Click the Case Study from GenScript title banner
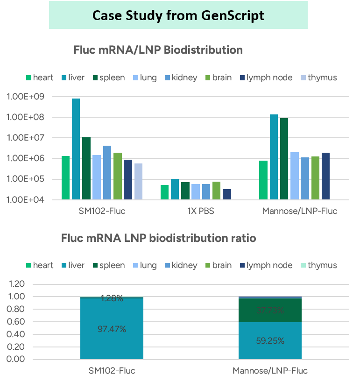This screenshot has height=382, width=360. pos(178,15)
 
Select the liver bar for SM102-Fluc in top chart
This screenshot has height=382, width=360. pos(76,149)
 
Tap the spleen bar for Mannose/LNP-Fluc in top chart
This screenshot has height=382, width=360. pos(284,159)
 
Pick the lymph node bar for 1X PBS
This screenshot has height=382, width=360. pos(226,194)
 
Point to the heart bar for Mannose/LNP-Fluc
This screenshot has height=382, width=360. pos(263,180)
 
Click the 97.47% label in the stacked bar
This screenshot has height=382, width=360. pos(112,329)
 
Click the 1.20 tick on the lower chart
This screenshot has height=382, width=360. pos(16,284)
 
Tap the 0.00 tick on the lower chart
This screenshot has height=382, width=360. pos(16,359)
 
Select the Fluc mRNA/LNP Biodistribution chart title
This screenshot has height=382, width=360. pos(158,50)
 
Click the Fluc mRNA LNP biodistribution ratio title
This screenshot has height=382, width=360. pos(158,238)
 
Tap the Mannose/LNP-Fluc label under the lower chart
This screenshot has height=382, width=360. pos(269,371)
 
